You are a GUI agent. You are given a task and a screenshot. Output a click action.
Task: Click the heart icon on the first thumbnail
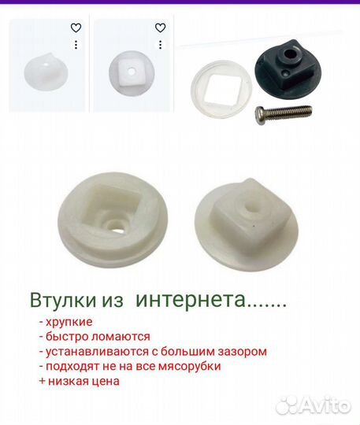pyautogui.click(x=76, y=28)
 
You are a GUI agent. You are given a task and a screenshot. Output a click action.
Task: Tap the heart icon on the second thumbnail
pyautogui.click(x=160, y=28)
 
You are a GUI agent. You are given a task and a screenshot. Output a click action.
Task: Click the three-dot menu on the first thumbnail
pyautogui.click(x=76, y=45)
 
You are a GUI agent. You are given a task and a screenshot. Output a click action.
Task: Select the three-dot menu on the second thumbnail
pyautogui.click(x=160, y=45)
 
